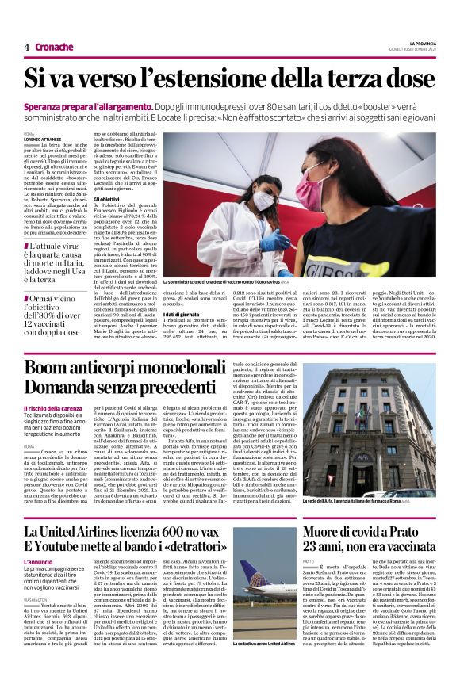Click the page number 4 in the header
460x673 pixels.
[x=27, y=47]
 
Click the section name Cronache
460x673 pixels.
[x=54, y=47]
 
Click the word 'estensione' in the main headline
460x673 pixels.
[x=216, y=78]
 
